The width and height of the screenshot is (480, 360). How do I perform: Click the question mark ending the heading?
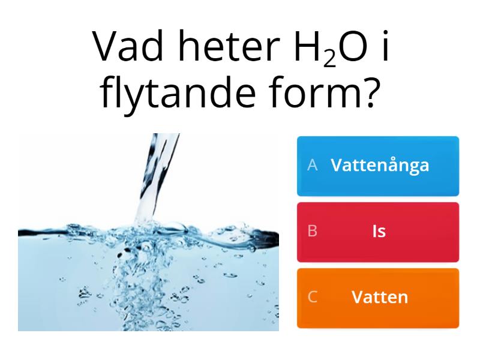pos(372,93)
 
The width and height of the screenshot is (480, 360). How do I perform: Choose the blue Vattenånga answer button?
pos(378,166)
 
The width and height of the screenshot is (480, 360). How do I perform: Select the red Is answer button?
pos(378,232)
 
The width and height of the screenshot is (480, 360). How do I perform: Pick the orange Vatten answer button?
pos(378,298)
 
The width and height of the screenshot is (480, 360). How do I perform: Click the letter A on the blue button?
pos(312,166)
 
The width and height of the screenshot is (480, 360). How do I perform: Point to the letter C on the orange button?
pos(312,297)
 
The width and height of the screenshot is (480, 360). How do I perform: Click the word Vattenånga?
pos(380,166)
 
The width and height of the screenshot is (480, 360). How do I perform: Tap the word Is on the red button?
pos(379,232)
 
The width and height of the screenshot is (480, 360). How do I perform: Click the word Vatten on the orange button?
pos(380,297)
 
